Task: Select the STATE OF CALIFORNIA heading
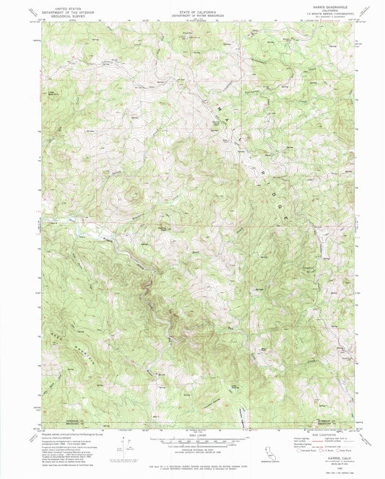191,6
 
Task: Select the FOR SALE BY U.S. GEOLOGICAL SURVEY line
191,465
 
